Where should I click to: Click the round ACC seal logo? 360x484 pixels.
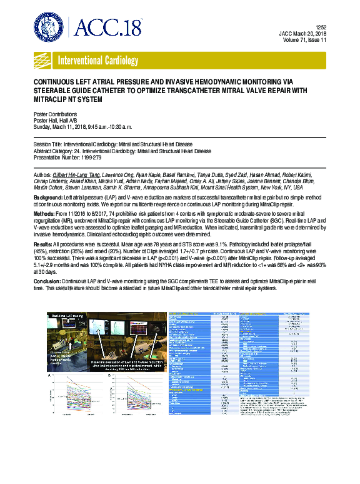pos(49,27)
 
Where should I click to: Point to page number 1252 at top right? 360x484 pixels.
pos(321,27)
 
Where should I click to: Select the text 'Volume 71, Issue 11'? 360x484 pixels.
pos(303,41)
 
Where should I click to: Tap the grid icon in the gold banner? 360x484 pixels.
pos(44,61)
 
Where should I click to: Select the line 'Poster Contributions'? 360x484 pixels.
pos(55,114)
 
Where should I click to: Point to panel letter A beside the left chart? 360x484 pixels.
pos(49,375)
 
